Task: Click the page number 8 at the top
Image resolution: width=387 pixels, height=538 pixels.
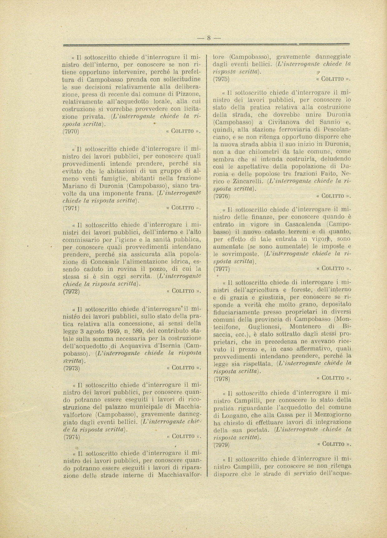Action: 209,38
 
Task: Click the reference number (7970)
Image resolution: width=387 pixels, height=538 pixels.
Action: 71,132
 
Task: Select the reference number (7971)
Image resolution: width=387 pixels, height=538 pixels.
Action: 71,208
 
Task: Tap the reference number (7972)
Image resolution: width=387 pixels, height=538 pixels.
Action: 71,292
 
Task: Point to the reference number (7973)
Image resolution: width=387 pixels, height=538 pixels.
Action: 71,368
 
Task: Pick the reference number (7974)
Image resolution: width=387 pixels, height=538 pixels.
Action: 71,437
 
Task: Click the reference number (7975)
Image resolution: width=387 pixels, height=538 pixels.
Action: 221,79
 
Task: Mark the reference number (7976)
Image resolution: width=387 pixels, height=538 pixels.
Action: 222,196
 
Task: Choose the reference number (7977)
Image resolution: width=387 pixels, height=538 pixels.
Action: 222,269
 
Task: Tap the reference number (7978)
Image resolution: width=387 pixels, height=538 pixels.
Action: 222,379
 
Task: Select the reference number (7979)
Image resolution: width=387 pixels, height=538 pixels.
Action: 222,444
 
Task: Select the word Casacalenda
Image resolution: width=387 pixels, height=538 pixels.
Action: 303,224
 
